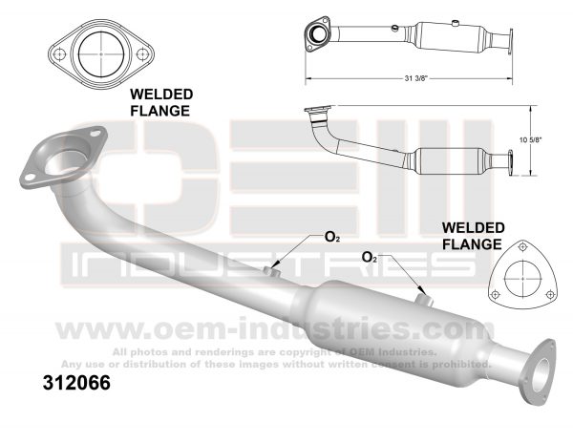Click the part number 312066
click(x=77, y=385)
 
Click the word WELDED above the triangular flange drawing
click(x=472, y=228)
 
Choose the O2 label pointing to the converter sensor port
click(x=370, y=258)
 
